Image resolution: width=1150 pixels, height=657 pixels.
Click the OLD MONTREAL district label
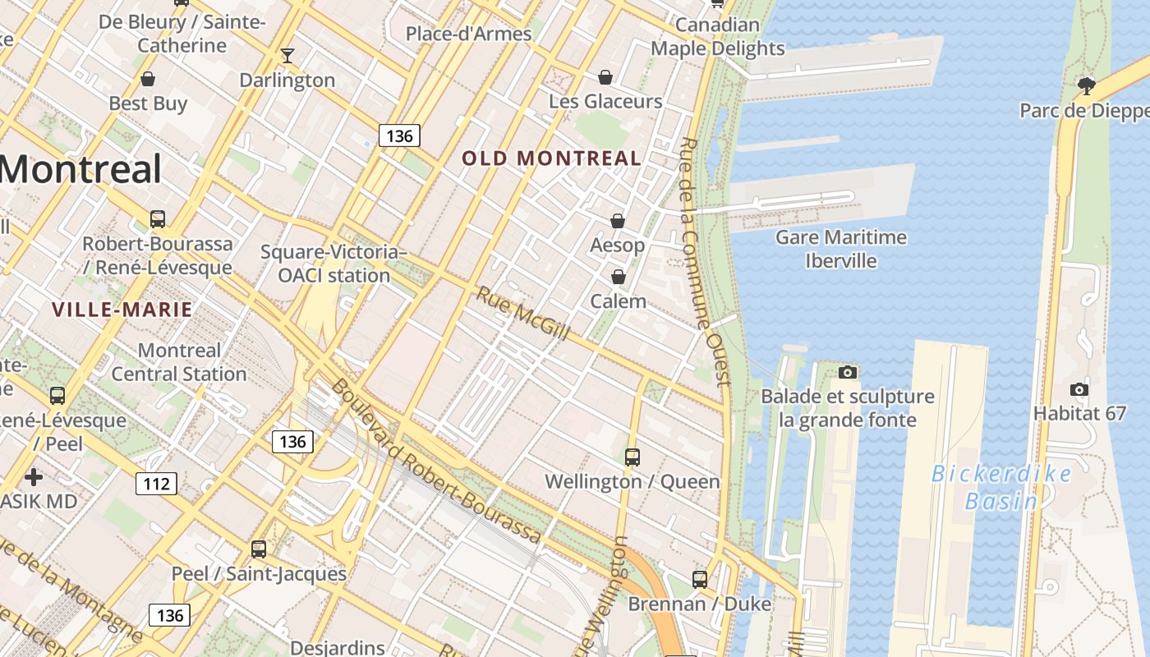tap(551, 159)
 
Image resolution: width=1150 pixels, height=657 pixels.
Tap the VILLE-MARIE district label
tap(122, 310)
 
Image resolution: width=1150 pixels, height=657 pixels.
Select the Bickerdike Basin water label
tap(1001, 487)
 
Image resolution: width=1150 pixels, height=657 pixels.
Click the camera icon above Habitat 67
tap(1079, 389)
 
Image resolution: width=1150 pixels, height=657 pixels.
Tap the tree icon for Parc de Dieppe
tap(1087, 85)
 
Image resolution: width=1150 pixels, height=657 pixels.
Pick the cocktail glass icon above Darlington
tap(287, 56)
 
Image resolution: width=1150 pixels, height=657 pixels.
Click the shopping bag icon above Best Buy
tap(148, 79)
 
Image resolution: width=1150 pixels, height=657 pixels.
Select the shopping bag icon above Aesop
tap(617, 221)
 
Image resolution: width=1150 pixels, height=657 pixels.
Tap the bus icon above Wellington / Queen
tap(632, 457)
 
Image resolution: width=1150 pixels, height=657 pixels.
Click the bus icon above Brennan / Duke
tap(699, 580)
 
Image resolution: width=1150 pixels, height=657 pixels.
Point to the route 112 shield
tap(156, 483)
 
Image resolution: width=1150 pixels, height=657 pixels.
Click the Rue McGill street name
tap(523, 314)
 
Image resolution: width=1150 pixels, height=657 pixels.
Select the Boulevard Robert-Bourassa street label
tap(436, 462)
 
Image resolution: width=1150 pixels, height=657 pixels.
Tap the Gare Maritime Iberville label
tap(841, 249)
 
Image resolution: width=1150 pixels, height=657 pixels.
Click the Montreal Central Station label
tap(179, 362)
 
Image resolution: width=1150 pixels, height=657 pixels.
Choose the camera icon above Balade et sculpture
tap(848, 373)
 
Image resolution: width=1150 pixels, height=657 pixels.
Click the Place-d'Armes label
tap(468, 34)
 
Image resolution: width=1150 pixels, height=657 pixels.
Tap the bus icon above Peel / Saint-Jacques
tap(258, 549)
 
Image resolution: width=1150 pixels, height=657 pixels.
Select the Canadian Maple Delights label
tap(717, 37)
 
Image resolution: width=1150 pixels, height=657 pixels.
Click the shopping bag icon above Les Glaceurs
tap(605, 77)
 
